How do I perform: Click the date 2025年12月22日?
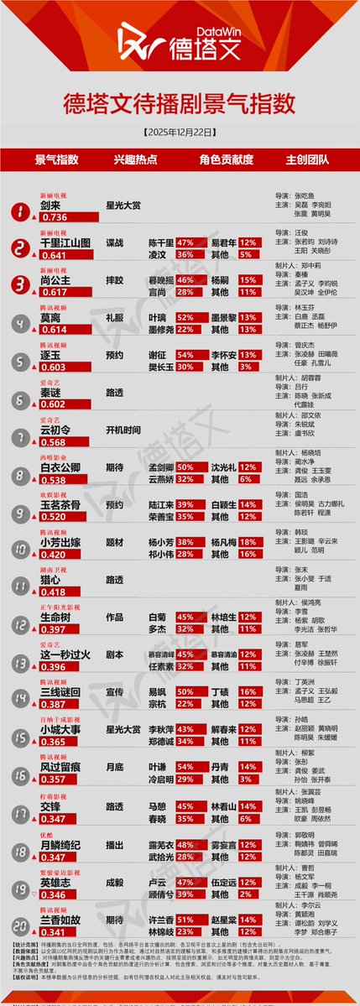click(x=180, y=133)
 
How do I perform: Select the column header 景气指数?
click(x=56, y=159)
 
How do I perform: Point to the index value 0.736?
click(x=54, y=216)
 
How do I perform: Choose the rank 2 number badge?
click(x=16, y=248)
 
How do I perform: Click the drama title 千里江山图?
click(x=65, y=242)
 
